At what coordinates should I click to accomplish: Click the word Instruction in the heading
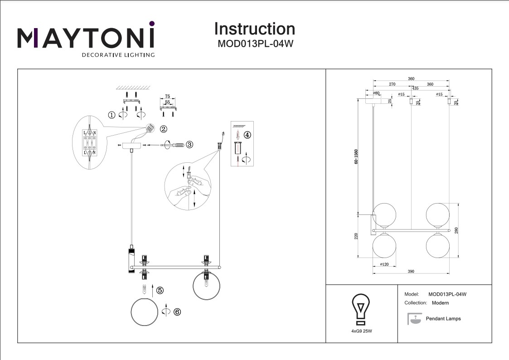(x=254, y=29)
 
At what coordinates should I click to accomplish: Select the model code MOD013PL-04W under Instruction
(x=254, y=44)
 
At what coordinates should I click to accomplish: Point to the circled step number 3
(x=189, y=145)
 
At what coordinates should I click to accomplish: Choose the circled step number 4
(x=247, y=135)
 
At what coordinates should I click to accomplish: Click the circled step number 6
(x=177, y=312)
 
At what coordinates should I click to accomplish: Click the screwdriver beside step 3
(x=175, y=145)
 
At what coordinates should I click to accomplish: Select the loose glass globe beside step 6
(x=144, y=313)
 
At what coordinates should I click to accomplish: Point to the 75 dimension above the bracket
(x=167, y=97)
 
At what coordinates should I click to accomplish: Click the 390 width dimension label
(x=411, y=272)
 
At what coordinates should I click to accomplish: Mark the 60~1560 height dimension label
(x=357, y=156)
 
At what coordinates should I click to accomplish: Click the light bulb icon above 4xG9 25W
(x=361, y=308)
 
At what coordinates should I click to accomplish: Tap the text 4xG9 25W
(x=362, y=331)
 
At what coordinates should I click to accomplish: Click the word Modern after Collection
(x=441, y=302)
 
